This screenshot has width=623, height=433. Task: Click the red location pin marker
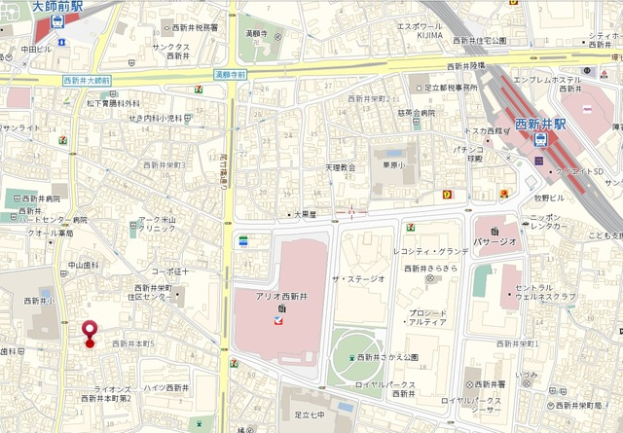[x=91, y=332]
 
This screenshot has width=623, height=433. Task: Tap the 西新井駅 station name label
[x=539, y=125]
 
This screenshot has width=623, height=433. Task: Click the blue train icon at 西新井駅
[x=540, y=140]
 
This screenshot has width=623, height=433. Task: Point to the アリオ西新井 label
[x=281, y=297]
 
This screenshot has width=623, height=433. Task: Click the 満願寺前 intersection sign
[x=231, y=73]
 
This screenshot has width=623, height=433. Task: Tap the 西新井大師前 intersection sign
[x=86, y=80]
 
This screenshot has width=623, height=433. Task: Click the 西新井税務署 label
[x=192, y=28]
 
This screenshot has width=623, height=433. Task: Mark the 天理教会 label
[x=341, y=167]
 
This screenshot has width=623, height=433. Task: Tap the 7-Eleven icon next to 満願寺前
[x=199, y=90]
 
